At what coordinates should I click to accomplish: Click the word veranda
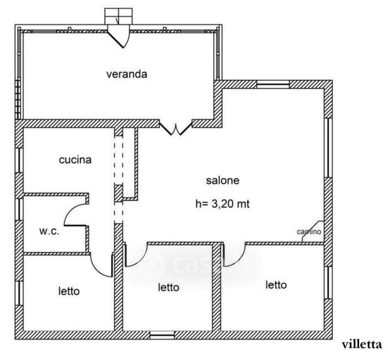point(127,74)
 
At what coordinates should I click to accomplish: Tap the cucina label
point(75,160)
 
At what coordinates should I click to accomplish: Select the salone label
point(223,180)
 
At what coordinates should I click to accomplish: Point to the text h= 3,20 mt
point(222,204)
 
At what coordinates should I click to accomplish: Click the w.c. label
point(49,232)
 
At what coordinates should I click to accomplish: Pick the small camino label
point(309,232)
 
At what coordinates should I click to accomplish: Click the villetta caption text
point(362,344)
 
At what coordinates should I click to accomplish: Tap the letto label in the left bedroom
point(69,291)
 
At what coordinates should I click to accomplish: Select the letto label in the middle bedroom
point(169,287)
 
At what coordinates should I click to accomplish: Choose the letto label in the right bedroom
point(276,285)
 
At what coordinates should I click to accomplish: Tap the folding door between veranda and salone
point(176,128)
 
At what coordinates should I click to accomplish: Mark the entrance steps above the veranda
point(118,16)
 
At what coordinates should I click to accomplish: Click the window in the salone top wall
point(273,85)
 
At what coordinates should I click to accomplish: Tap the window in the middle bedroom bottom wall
point(162,335)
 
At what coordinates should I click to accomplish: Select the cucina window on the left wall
point(19,160)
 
